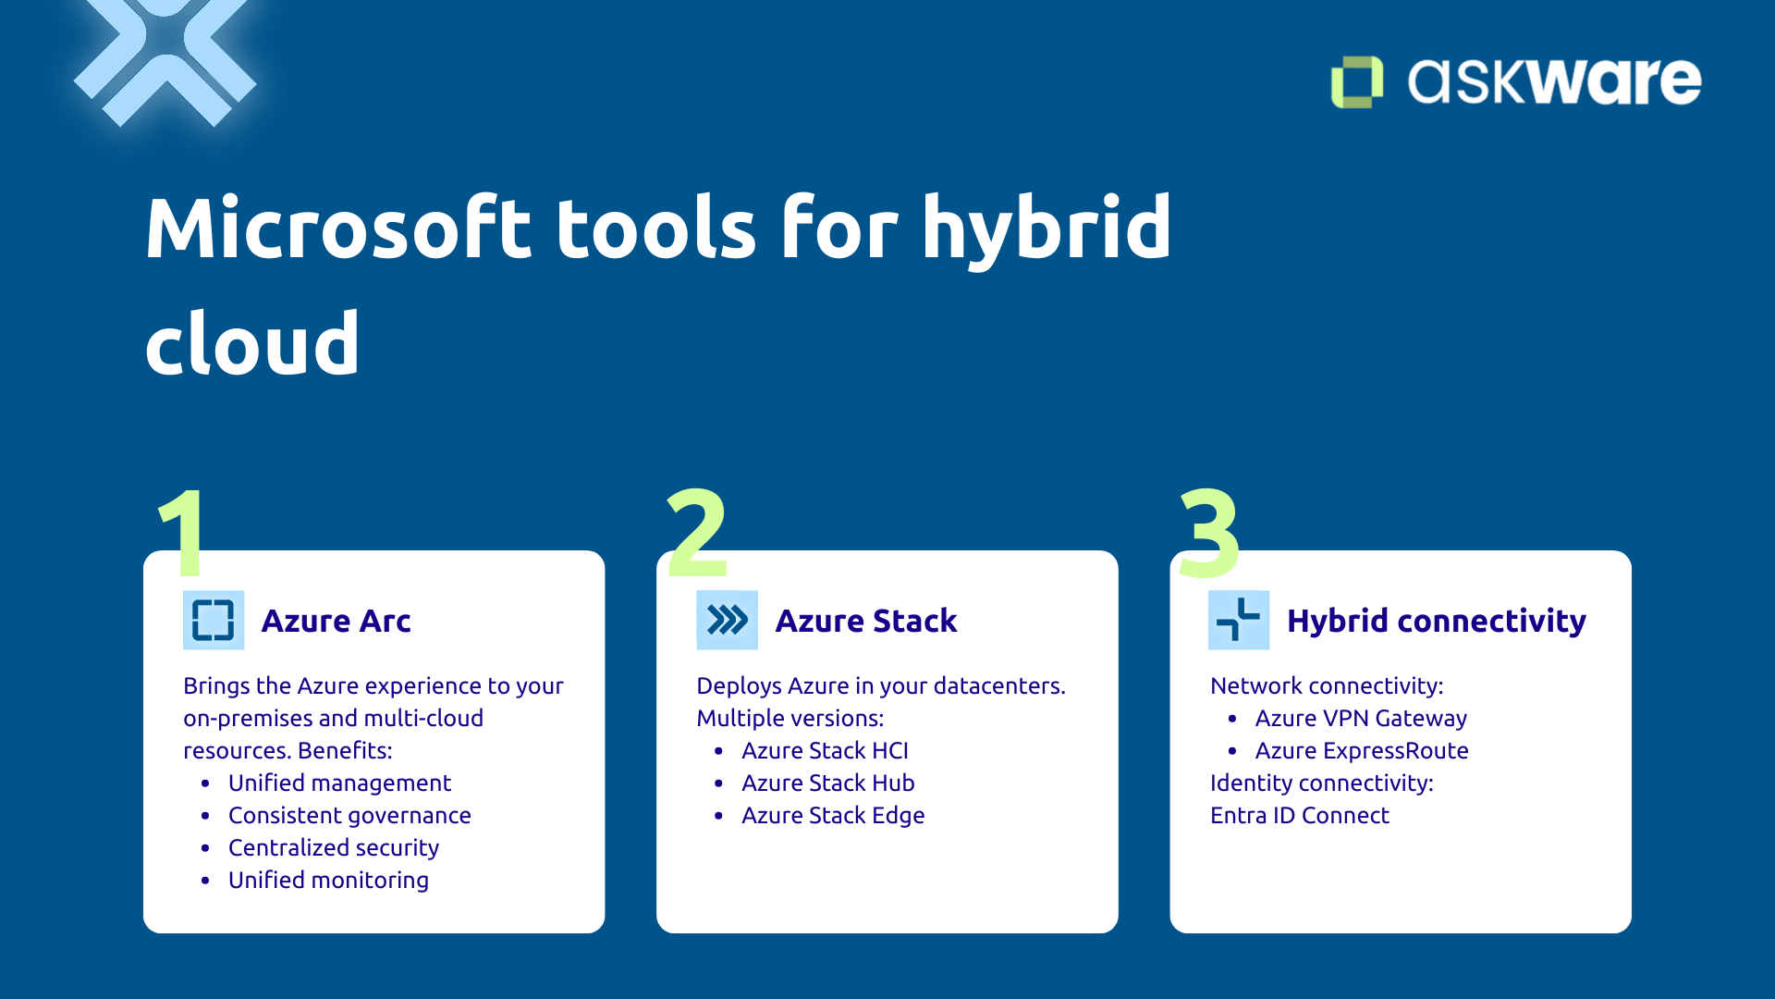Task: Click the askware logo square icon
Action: click(x=1356, y=82)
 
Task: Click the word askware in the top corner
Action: click(x=1553, y=81)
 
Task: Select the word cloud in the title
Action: click(x=252, y=344)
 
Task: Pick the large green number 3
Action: click(x=1209, y=534)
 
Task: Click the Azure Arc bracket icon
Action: click(x=214, y=620)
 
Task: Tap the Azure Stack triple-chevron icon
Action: click(x=727, y=620)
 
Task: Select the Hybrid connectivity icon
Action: click(x=1239, y=620)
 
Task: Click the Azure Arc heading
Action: click(x=336, y=621)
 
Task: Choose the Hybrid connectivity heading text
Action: click(x=1436, y=621)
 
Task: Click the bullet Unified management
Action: click(x=339, y=783)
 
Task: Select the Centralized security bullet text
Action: click(x=333, y=847)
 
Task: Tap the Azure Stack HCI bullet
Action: click(x=825, y=750)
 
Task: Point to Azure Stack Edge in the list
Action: click(x=832, y=815)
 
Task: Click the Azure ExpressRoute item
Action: click(x=1361, y=750)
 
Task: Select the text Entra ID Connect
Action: click(x=1299, y=815)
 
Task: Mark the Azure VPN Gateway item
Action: click(x=1360, y=718)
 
